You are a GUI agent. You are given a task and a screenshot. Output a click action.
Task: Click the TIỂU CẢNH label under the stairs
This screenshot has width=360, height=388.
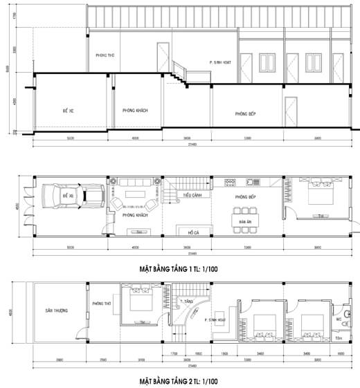[192, 196]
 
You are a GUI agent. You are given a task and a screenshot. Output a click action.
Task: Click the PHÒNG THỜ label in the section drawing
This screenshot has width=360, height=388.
[105, 55]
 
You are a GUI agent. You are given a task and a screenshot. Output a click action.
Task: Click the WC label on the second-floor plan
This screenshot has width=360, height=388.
[339, 320]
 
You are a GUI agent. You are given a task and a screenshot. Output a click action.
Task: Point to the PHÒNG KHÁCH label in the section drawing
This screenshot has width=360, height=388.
[135, 111]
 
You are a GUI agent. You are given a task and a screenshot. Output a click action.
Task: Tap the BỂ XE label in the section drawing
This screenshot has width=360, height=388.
[68, 111]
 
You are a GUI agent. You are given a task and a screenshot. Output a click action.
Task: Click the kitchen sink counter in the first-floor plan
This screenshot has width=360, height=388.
[242, 183]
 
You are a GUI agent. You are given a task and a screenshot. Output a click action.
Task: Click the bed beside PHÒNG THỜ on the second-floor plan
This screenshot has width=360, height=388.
[143, 304]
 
